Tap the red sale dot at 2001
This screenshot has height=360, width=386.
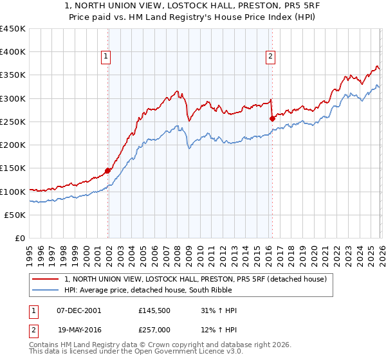pos(107,171)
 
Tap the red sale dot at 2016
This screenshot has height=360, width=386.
pos(271,118)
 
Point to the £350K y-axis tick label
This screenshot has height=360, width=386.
pos(13,75)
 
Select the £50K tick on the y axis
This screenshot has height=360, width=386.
pos(15,215)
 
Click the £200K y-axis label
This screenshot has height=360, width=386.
pos(13,145)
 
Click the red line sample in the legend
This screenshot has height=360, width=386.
pos(46,279)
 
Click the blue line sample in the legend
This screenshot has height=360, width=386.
pos(46,290)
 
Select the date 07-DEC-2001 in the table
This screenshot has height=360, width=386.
pos(78,310)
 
